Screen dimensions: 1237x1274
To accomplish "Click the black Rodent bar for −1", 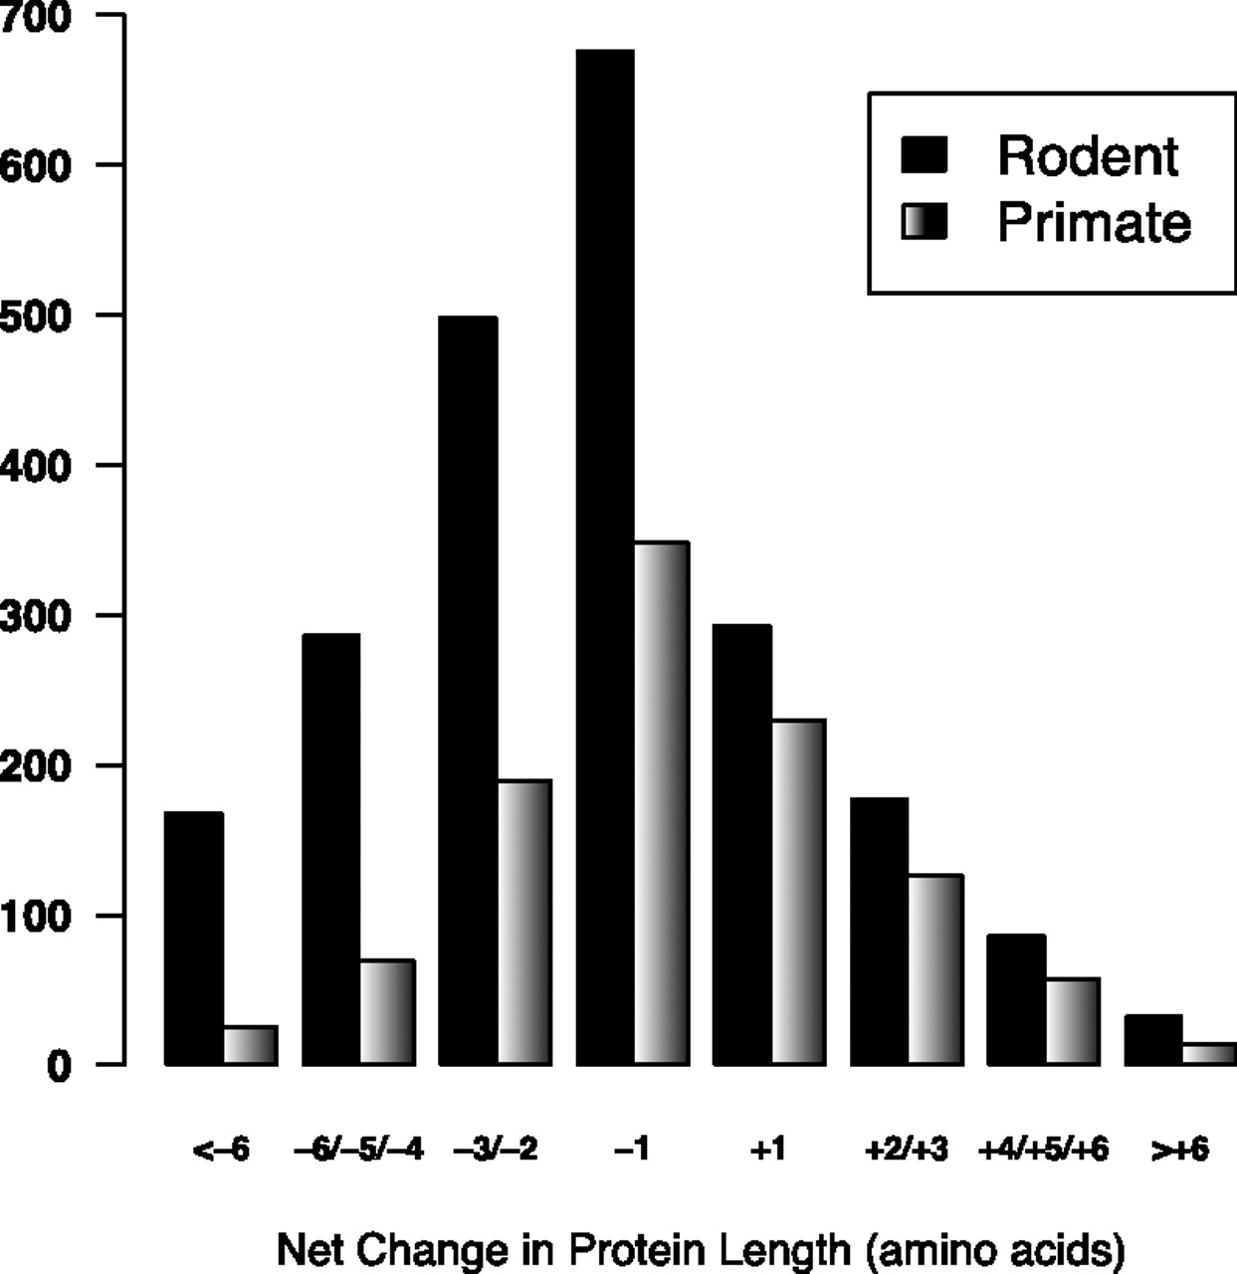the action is click(x=605, y=557).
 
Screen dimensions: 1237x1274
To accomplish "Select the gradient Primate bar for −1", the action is click(x=662, y=804).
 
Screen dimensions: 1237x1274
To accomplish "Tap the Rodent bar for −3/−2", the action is click(x=468, y=691).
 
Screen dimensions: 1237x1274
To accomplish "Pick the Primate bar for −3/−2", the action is click(x=524, y=923).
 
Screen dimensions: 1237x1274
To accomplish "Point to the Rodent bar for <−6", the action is click(x=194, y=939).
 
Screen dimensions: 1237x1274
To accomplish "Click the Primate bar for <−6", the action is click(x=251, y=1045).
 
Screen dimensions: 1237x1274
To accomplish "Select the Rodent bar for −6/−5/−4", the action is click(x=330, y=850).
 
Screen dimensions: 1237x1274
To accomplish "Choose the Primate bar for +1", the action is click(x=798, y=893).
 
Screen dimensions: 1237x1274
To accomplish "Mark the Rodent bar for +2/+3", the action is click(x=879, y=932).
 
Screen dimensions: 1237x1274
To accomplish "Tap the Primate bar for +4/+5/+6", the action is click(x=1073, y=1022).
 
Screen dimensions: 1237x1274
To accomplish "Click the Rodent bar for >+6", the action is click(x=1153, y=1040).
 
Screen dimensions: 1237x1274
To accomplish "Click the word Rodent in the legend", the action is click(x=1088, y=156).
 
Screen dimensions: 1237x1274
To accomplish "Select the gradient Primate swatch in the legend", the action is click(x=925, y=221).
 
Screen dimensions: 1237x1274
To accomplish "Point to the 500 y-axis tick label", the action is click(x=34, y=317).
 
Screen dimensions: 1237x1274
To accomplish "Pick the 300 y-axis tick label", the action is click(x=34, y=616).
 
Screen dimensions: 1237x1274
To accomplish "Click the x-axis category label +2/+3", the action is click(x=907, y=1149).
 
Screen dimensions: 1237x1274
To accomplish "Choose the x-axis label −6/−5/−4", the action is click(x=358, y=1149).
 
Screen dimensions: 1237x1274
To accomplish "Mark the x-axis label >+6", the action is click(x=1179, y=1149).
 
